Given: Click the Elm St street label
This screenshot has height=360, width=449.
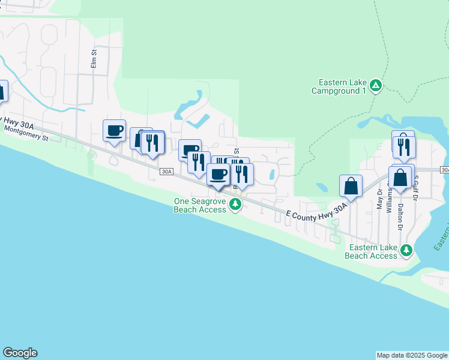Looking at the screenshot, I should tap(94, 59).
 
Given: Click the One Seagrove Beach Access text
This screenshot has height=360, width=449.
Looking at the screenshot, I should tap(200, 206).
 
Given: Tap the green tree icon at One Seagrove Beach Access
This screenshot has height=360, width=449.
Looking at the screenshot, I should tap(235, 205).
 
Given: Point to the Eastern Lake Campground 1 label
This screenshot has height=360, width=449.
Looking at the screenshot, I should tap(339, 87).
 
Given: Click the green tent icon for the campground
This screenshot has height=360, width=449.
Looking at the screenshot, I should tap(375, 86).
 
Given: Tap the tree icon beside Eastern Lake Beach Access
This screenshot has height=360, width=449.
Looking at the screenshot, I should tap(407, 250).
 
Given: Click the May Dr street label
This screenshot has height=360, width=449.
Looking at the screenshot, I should tap(379, 199).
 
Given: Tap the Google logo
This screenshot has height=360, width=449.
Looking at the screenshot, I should tap(20, 353).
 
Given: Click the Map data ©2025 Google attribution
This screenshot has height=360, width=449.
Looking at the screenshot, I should tap(412, 355).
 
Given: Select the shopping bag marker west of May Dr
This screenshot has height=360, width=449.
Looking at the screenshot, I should tap(351, 186).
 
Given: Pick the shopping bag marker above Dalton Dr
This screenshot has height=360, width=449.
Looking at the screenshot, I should tap(400, 178).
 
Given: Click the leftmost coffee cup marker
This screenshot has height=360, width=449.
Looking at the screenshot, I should tap(115, 130).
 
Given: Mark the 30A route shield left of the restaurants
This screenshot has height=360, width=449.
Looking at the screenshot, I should tap(167, 172).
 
